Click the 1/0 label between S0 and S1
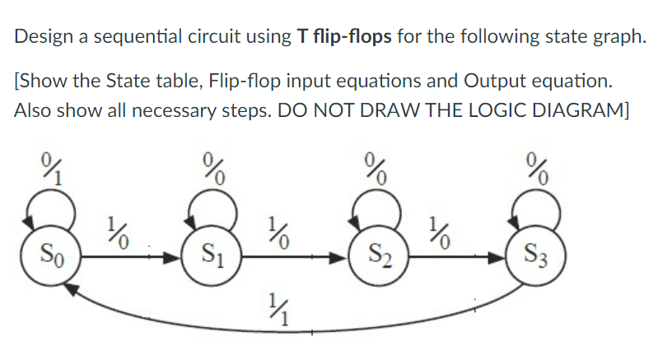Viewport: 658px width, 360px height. [117, 232]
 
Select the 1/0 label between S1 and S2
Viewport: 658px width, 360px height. [278, 232]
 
